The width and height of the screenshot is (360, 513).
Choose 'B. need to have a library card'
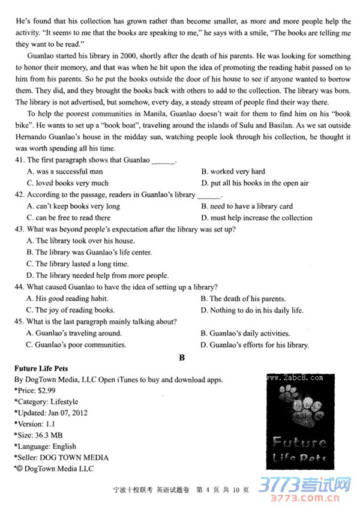pos(247,206)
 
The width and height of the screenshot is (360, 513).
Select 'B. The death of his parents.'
pos(243,299)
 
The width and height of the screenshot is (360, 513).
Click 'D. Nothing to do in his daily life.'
pos(252,310)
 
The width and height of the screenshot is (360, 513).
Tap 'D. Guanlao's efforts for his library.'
pos(255,345)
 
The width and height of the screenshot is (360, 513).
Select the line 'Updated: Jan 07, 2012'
pos(47,413)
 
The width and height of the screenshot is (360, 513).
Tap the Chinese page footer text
pos(180,490)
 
